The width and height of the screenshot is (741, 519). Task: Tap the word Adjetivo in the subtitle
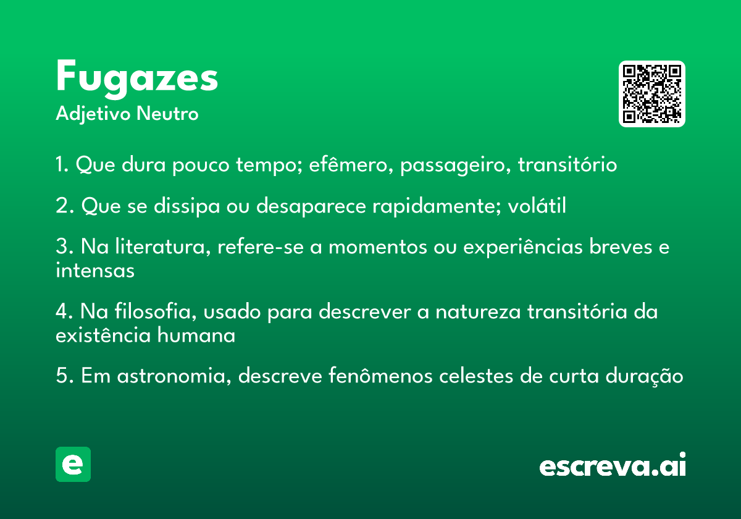(x=93, y=114)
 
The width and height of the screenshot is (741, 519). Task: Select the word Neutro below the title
(x=167, y=113)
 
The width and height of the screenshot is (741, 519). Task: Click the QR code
(x=651, y=94)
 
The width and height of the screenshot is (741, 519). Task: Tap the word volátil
(x=537, y=205)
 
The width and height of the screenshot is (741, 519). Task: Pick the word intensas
(x=95, y=270)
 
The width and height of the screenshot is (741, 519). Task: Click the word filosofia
(x=156, y=311)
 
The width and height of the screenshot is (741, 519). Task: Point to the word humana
(x=196, y=335)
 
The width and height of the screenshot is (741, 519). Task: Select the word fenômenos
(x=380, y=376)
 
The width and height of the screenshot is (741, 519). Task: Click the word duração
(x=644, y=377)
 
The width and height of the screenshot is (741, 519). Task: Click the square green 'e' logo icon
(x=73, y=464)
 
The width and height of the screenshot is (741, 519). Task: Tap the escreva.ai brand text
(x=613, y=465)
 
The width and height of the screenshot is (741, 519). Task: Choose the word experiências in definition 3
(x=522, y=248)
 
